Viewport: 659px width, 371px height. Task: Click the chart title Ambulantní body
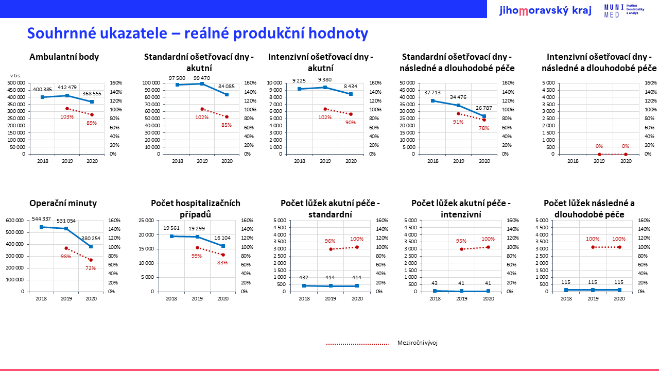coord(64,57)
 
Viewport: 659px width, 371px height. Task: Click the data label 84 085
coord(227,86)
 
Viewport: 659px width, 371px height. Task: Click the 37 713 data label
coord(432,93)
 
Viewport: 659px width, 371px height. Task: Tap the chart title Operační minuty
coord(63,203)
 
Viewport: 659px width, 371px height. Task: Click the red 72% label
coord(91,268)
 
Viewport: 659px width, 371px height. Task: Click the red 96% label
coord(330,241)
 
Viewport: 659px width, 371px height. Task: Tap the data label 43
coord(436,283)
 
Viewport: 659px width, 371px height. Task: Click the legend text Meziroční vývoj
coord(417,343)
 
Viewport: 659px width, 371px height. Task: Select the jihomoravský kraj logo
coord(545,10)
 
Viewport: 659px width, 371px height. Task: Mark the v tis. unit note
coord(15,76)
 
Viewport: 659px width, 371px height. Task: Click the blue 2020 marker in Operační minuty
coord(91,246)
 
